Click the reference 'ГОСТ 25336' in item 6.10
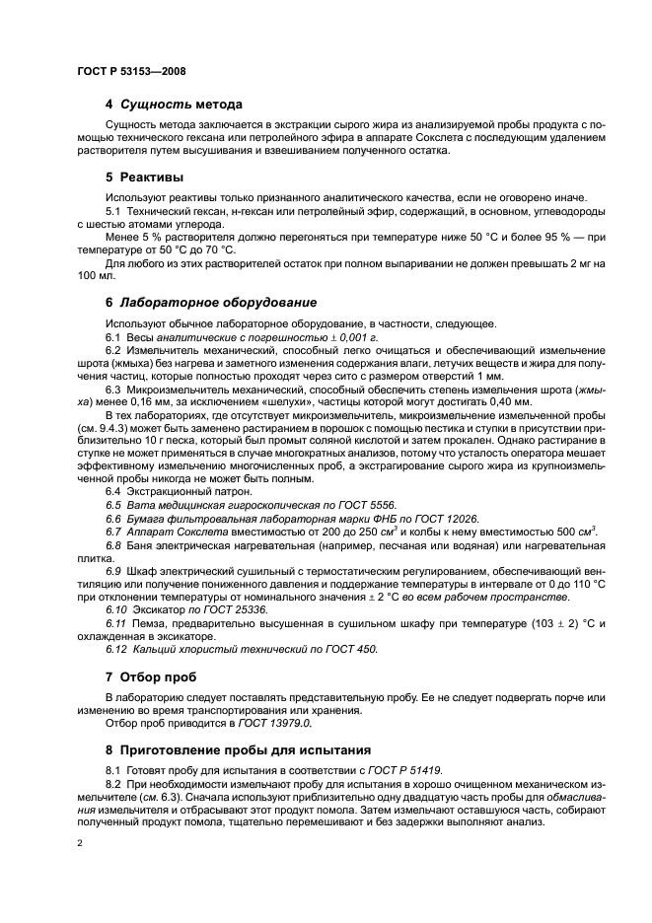(x=216, y=610)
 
